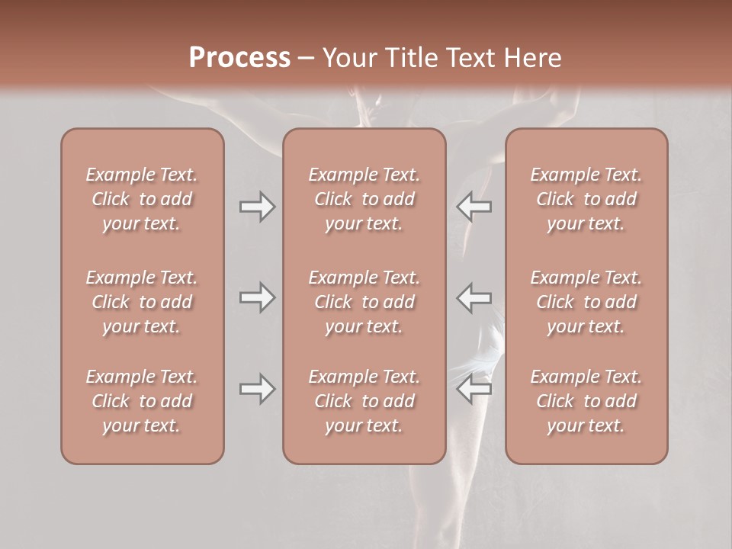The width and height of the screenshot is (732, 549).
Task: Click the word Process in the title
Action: [x=239, y=58]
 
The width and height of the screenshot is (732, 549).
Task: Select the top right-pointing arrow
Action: [x=257, y=207]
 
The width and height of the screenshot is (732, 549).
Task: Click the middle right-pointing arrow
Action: [x=257, y=297]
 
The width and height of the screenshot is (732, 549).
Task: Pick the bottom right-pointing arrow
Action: [x=257, y=389]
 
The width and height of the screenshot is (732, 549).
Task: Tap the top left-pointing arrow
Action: [x=474, y=207]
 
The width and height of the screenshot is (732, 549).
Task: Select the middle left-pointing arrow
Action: [x=474, y=297]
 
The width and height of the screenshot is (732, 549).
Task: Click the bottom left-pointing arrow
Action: [x=474, y=389]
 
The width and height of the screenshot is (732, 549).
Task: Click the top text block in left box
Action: [x=142, y=199]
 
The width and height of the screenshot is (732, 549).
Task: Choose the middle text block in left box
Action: [x=142, y=302]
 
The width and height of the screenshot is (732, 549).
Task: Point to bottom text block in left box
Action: [x=142, y=401]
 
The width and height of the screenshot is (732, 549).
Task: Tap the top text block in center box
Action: [x=364, y=199]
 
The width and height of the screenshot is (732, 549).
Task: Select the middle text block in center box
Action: [x=364, y=302]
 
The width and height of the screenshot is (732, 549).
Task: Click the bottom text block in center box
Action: [x=364, y=401]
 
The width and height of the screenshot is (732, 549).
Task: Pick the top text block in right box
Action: [x=586, y=199]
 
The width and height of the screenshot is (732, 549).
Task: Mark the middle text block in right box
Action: [x=586, y=302]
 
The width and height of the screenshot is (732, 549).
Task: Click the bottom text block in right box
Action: [x=586, y=401]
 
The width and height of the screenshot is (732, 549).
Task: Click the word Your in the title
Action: [x=348, y=58]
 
